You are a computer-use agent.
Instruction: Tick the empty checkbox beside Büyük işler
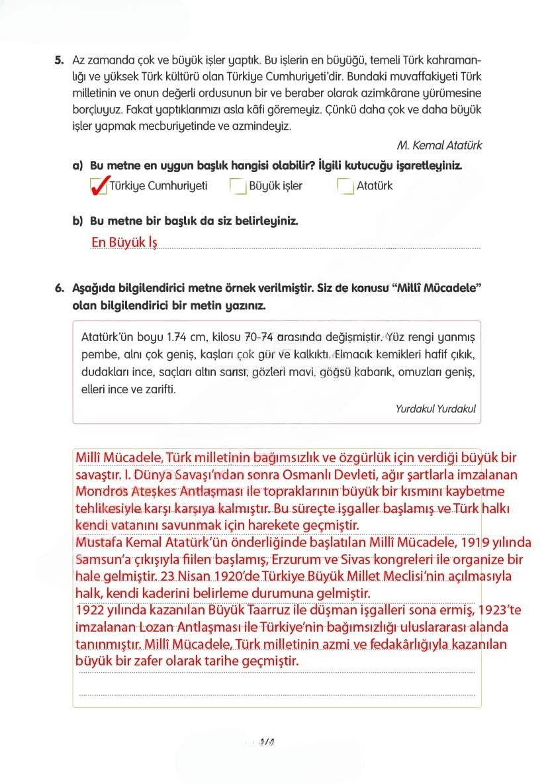click(238, 187)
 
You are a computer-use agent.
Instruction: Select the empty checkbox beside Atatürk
click(345, 187)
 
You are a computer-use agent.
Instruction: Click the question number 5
click(59, 60)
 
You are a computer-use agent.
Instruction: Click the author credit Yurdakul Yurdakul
click(435, 409)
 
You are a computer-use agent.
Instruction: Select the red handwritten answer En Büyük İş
click(124, 242)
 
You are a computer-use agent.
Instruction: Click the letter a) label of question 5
click(77, 166)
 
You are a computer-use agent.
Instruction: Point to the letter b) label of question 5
click(77, 220)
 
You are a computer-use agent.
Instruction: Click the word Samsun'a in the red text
click(98, 560)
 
